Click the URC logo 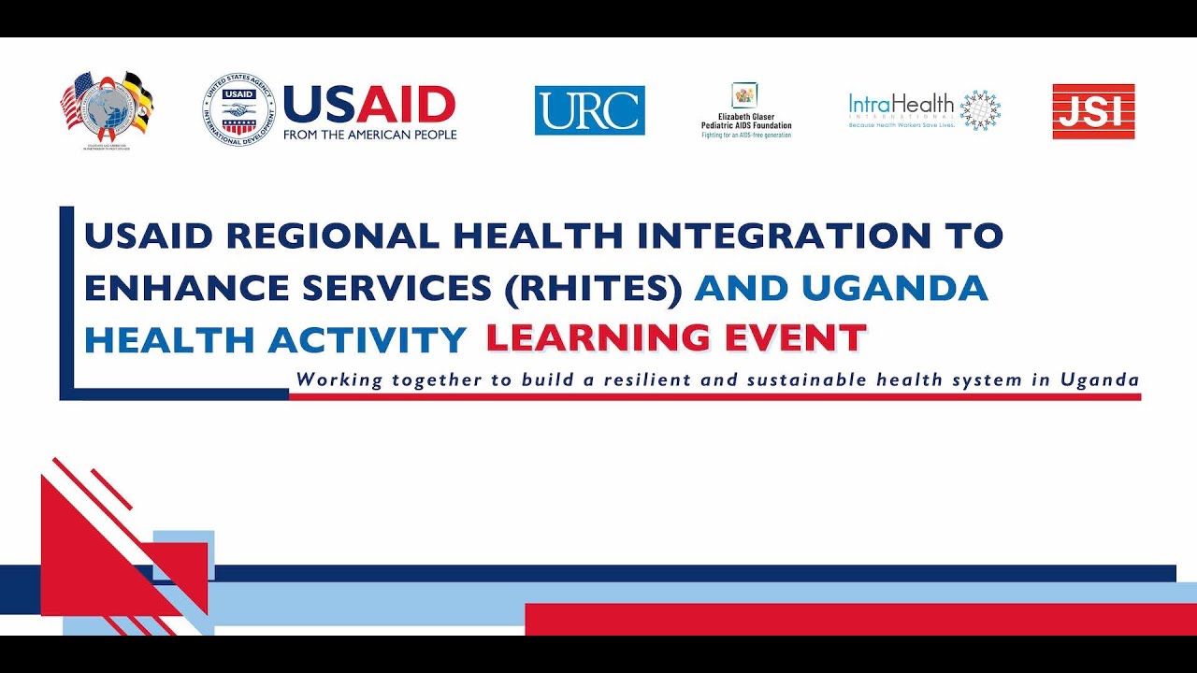[x=589, y=110]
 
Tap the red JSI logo [x=1093, y=111]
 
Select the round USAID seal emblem [x=238, y=110]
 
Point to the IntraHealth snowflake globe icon [x=980, y=110]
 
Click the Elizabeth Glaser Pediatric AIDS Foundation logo [x=746, y=111]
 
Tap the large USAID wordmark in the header [x=368, y=104]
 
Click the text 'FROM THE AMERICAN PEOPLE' [x=369, y=135]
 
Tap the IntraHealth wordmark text [x=901, y=105]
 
